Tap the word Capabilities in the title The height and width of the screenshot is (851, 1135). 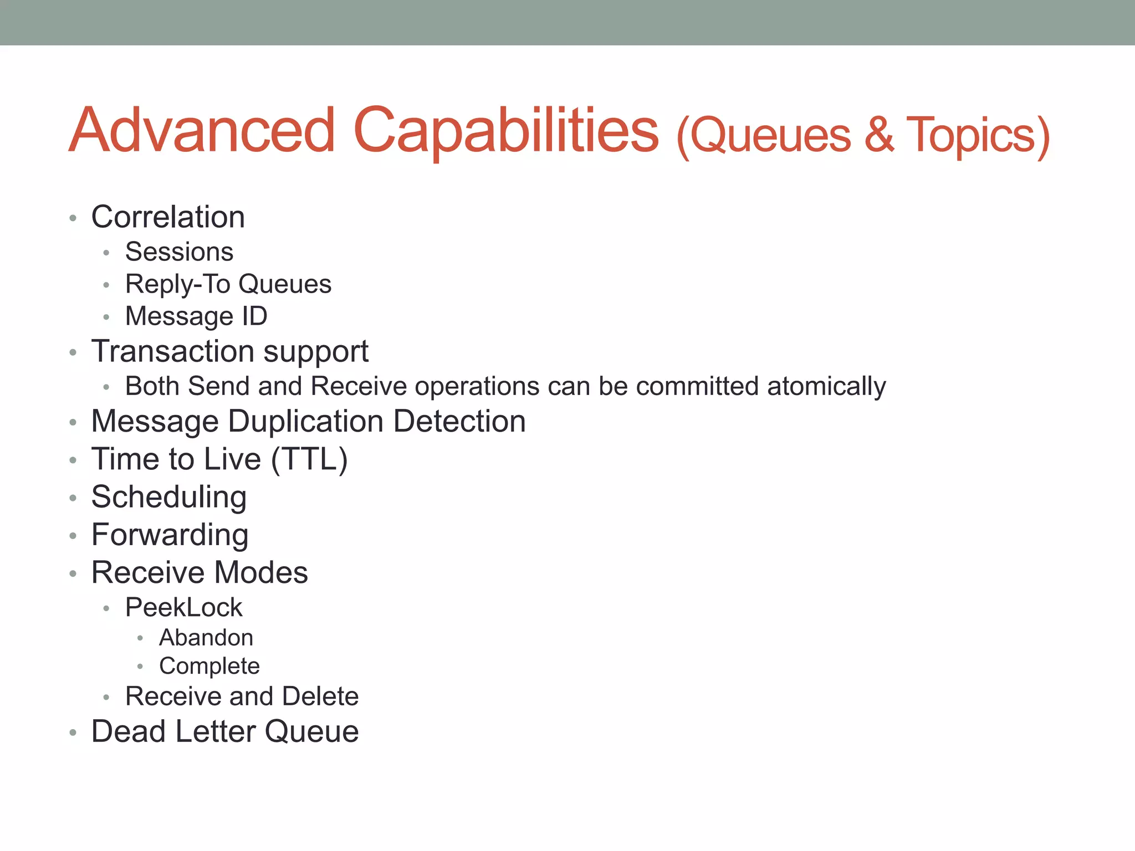pos(505,131)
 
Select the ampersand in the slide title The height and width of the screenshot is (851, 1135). pos(879,135)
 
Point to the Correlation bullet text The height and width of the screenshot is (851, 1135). pos(168,217)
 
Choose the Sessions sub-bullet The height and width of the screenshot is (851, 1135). pos(179,252)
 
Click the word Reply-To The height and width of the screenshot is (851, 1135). pos(177,285)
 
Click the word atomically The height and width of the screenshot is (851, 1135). pos(826,386)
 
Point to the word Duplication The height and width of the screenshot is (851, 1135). pos(305,421)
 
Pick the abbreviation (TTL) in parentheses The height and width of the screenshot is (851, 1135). pos(309,459)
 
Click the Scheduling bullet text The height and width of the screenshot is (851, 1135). pos(169,497)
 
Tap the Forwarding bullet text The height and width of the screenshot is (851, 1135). pos(170,535)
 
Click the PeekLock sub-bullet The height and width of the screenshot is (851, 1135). pos(183,608)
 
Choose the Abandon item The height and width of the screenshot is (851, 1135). pos(206,638)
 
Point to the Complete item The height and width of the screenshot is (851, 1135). pos(209,667)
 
